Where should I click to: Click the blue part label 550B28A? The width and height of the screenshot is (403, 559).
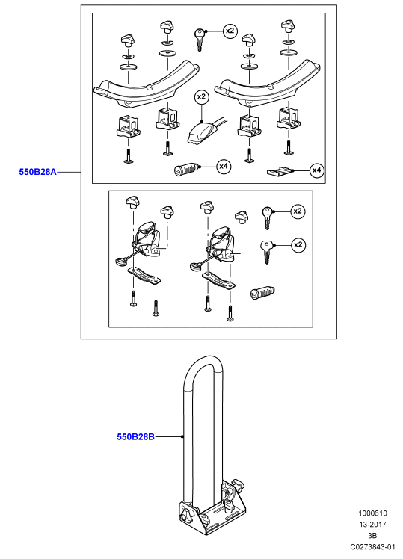37,172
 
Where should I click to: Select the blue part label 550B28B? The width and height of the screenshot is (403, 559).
135,436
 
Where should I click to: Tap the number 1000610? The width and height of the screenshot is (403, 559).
372,513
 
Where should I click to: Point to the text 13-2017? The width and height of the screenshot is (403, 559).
372,525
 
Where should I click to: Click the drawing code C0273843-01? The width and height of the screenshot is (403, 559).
372,546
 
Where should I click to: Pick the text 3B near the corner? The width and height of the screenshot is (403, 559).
372,536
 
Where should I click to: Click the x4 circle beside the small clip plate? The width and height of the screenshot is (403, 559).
317,170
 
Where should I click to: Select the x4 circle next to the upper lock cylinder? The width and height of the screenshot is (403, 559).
224,166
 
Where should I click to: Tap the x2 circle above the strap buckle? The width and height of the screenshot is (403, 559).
202,96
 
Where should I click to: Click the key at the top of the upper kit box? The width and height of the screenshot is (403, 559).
199,39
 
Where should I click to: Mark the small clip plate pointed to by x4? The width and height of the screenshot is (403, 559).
280,171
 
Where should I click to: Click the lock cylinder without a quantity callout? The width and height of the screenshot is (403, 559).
263,292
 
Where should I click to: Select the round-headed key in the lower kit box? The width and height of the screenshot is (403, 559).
268,217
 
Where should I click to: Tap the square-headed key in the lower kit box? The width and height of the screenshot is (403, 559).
266,251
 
